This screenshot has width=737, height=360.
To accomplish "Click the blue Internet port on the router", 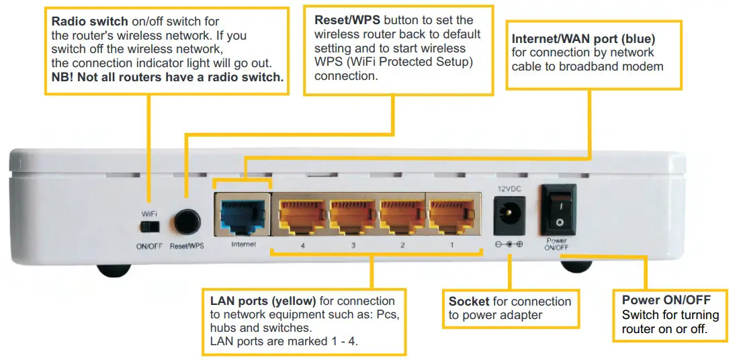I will [243, 214].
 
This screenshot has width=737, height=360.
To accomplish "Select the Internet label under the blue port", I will [243, 244].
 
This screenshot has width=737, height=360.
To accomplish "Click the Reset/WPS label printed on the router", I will [187, 246].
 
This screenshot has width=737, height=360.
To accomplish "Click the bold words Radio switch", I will [89, 21].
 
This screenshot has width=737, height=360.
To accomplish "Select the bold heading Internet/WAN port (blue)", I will [583, 39].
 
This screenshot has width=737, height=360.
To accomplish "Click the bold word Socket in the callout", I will [469, 302].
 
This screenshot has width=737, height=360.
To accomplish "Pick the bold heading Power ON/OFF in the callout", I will [666, 300].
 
